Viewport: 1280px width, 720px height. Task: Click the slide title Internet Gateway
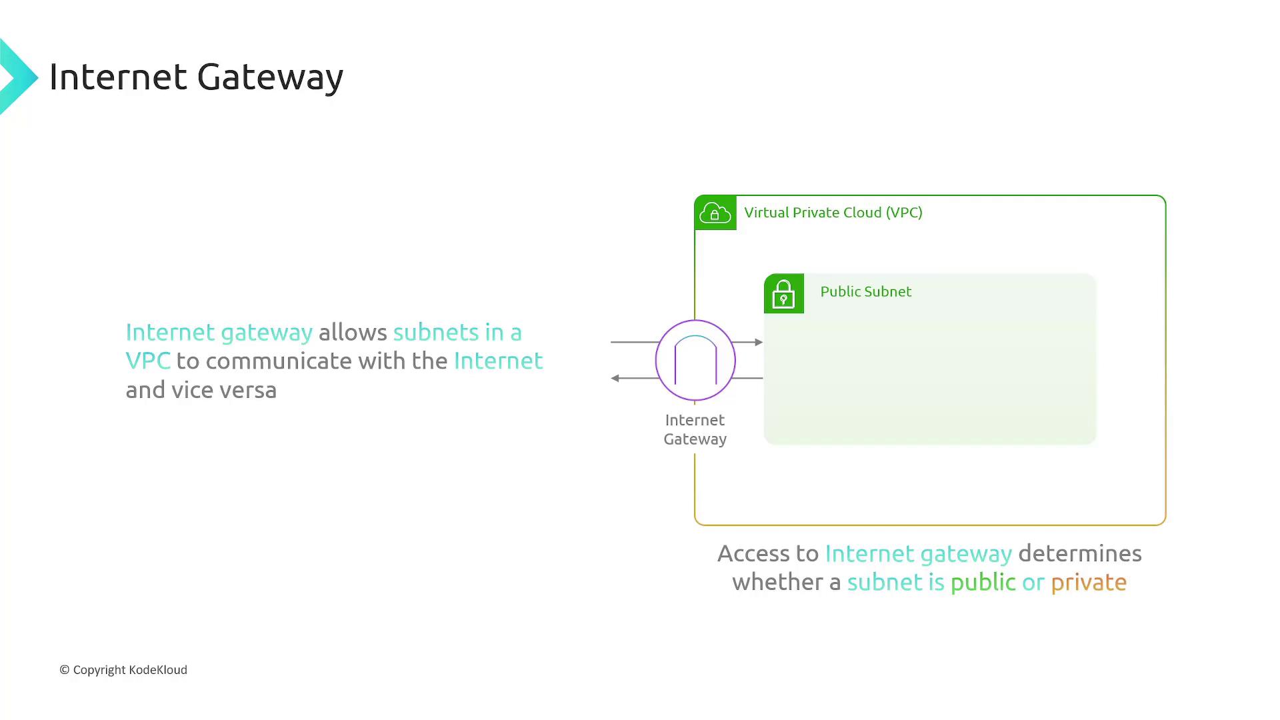coord(196,77)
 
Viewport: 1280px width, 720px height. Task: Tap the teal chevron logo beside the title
coord(19,77)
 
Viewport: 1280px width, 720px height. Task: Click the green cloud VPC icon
coord(715,213)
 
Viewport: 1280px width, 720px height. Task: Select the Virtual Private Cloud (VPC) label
coord(833,213)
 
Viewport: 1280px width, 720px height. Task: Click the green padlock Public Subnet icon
coord(784,293)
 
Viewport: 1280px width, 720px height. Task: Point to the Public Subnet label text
coord(866,291)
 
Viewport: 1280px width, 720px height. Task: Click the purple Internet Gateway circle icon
coord(695,360)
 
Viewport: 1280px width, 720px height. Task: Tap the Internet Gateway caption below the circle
coord(695,429)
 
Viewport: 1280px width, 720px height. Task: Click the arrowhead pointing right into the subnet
coord(759,342)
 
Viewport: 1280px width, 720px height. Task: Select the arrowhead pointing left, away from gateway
coord(615,378)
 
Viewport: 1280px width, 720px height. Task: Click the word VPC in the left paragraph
coord(148,361)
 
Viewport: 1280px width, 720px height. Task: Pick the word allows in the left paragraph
coord(353,332)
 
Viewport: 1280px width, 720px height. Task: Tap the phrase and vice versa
coord(201,390)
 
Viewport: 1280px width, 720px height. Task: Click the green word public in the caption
coord(983,583)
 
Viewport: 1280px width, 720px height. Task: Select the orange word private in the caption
coord(1089,583)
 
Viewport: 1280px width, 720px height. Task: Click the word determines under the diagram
coord(1080,553)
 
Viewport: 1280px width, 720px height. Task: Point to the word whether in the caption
coord(778,582)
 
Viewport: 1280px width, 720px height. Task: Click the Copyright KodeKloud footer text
coord(123,670)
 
